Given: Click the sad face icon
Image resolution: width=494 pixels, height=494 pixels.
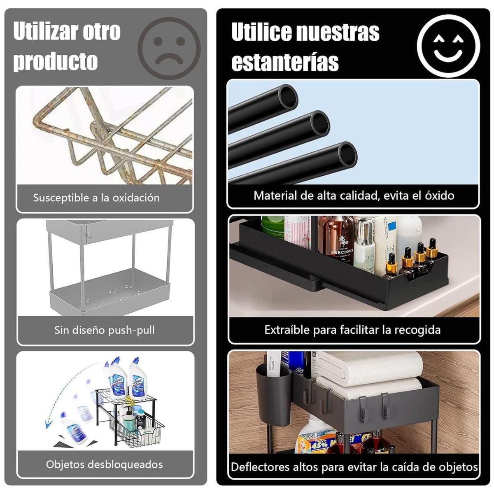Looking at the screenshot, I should pos(169,48).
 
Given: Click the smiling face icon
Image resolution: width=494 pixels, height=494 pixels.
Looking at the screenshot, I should pos(448,46).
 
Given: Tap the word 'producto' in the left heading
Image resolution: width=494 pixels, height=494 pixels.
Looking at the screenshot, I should pos(56,61).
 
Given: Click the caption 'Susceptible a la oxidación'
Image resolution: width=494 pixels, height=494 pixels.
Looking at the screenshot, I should pos(96,198).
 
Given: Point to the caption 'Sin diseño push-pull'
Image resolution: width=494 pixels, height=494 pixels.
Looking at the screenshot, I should pos(105,330).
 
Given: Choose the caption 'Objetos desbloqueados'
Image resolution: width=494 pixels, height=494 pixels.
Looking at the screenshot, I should pos(105,464).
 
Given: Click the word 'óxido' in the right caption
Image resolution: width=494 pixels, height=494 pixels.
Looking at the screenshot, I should pos(439,195).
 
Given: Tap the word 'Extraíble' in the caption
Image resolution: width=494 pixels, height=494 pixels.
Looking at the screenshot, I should pos(287,330).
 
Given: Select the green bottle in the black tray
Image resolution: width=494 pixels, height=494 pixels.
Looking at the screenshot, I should pos(272,226).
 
